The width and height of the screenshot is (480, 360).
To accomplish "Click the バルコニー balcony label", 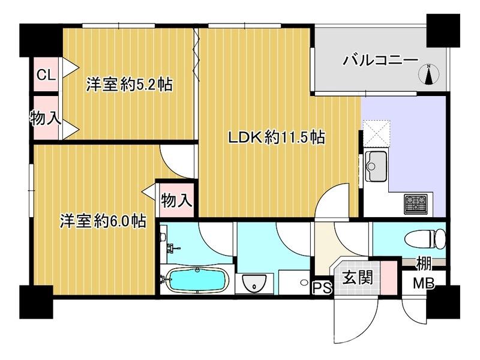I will [x=380, y=61].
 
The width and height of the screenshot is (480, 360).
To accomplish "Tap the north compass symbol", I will [x=428, y=74].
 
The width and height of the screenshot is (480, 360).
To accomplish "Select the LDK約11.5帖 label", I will [x=275, y=138].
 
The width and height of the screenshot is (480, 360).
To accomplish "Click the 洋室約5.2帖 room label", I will [x=129, y=85].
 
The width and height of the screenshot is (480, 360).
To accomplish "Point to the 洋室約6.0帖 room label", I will [x=103, y=221].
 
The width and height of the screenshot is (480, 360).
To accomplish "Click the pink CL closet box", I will [x=46, y=75].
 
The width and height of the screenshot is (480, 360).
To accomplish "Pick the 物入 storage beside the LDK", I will [x=176, y=200].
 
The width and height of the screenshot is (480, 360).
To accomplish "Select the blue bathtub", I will [x=195, y=280].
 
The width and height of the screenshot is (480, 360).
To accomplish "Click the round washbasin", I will [x=255, y=284].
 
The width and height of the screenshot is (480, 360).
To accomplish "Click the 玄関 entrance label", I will [x=358, y=278].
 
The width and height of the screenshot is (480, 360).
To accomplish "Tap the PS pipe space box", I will [x=322, y=288].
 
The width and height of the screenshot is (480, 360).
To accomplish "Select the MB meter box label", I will [x=424, y=283].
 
